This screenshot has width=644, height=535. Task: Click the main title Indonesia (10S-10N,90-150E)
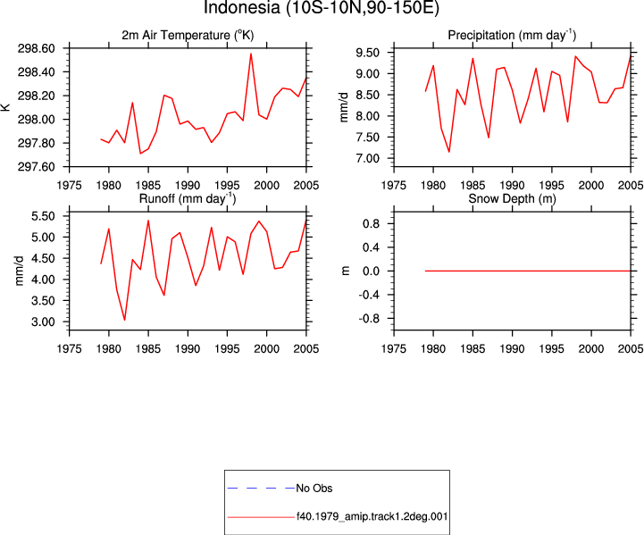[x=322, y=7]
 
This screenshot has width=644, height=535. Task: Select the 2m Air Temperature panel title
[x=188, y=36]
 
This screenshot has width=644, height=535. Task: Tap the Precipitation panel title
[x=512, y=36]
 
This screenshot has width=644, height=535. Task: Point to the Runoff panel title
[x=188, y=198]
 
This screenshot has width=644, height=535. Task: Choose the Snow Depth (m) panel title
[x=512, y=198]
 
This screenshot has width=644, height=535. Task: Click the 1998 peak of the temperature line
[x=251, y=54]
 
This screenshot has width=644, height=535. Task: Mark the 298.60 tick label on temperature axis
[x=36, y=48]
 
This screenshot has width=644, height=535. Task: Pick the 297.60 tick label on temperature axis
[x=36, y=167]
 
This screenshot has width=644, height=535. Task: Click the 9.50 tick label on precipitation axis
[x=368, y=53]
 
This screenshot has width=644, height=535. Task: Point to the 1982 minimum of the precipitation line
[x=449, y=152]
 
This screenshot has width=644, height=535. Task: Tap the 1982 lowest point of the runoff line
[x=124, y=320]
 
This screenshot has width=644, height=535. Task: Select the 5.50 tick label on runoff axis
[x=43, y=216]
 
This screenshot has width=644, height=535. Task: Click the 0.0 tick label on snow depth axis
[x=372, y=271]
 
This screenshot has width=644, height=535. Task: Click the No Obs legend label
[x=314, y=489]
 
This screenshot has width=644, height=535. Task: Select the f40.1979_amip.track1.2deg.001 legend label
[x=372, y=516]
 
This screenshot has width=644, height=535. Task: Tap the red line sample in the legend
[x=261, y=517]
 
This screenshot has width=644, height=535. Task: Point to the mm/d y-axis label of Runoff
[x=20, y=271]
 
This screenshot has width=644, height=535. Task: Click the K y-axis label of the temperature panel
[x=5, y=107]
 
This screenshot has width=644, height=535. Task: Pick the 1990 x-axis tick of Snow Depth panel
[x=512, y=348]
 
